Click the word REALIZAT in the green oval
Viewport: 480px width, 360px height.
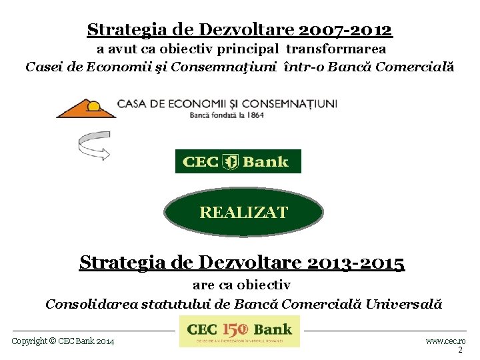point(243,213)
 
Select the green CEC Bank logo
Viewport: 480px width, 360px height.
point(238,161)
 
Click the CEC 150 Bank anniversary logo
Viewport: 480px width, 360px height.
point(240,331)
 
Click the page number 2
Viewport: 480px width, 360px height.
point(460,350)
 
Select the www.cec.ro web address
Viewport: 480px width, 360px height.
point(445,341)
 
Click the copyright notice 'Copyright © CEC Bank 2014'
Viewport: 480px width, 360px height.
point(63,341)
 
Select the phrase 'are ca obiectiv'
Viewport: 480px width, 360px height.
point(241,285)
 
